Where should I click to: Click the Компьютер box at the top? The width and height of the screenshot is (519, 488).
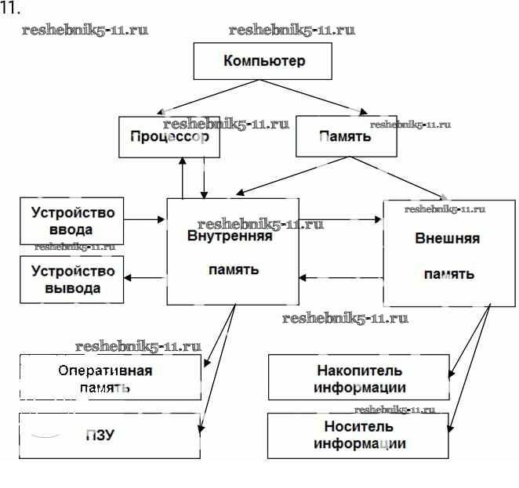[263, 61]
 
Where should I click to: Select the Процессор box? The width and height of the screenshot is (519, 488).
[169, 136]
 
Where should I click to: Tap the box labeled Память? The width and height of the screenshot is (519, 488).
[345, 136]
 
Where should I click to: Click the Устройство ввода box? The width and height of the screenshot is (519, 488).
[72, 220]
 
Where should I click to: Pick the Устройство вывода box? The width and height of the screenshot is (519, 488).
[72, 280]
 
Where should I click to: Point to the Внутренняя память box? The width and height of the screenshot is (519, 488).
[232, 251]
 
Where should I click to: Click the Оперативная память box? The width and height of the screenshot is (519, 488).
[110, 378]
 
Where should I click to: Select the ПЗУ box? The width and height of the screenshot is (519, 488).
[110, 436]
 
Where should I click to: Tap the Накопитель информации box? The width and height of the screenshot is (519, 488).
[359, 378]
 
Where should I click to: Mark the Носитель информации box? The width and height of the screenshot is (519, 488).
[359, 436]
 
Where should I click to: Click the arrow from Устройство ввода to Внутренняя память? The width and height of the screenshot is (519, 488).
[145, 220]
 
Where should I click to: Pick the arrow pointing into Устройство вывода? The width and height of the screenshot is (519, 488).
[145, 277]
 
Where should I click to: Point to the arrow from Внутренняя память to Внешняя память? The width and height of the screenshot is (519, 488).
[340, 220]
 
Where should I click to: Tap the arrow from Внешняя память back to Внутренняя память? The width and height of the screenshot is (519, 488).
[340, 277]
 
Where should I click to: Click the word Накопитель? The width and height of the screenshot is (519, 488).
[360, 371]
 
